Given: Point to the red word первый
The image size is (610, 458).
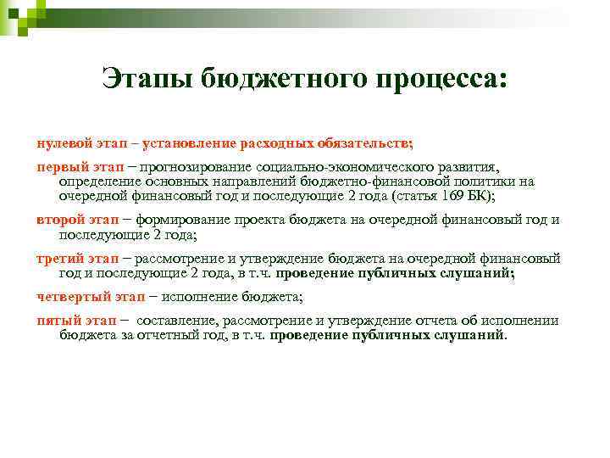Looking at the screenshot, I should click(x=62, y=166).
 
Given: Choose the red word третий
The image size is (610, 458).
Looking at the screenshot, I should click(x=61, y=258).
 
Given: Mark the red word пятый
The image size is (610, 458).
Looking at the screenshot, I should click(x=58, y=321).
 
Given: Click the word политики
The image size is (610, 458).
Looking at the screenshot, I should click(x=485, y=181).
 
